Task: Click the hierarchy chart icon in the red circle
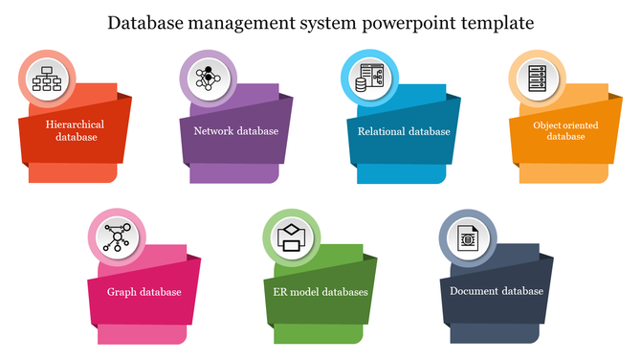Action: [x=45, y=79]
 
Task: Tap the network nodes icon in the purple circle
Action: [x=208, y=79]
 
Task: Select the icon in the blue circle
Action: [x=369, y=79]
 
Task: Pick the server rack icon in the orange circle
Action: [x=536, y=79]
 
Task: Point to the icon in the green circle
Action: [x=289, y=236]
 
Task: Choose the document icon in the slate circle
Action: [x=466, y=236]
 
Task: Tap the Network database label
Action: [x=235, y=131]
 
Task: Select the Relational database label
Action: [x=404, y=131]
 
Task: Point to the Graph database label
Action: [x=144, y=292]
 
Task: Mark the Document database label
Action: [x=497, y=291]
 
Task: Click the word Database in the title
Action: [x=148, y=21]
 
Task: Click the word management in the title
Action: [x=247, y=21]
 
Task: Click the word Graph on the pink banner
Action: [x=122, y=292]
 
